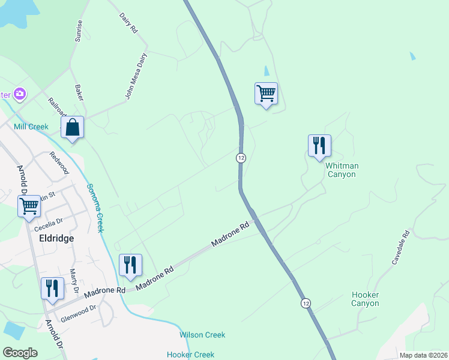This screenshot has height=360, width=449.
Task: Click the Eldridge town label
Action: coord(56,238)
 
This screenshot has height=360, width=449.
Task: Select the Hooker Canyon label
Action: coord(365,299)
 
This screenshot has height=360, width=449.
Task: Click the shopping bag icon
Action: coord(72,127)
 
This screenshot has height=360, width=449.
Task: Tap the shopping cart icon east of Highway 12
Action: coord(266,94)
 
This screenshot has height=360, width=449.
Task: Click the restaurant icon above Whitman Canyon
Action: coord(319,146)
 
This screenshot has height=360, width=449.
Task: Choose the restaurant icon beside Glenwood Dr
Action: coord(52,288)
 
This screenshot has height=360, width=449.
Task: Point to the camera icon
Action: coord(20,94)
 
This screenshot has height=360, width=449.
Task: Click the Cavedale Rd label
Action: coord(400,248)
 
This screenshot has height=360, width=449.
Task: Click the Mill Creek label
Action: coord(31,127)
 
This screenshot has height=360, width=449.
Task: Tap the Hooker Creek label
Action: coord(190,355)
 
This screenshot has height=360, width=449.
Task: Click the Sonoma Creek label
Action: coord(96,208)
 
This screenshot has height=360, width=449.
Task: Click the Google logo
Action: coord(20,353)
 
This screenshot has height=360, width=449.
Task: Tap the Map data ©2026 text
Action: coord(423,355)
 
